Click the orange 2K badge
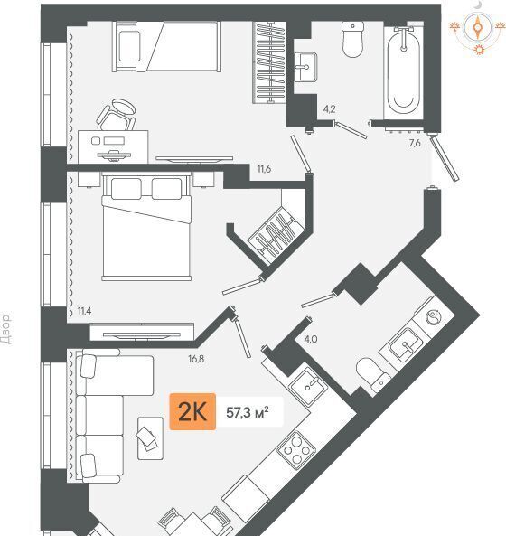tap(192, 411)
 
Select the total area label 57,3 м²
tap(248, 412)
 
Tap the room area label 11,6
tap(264, 169)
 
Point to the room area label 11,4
tap(84, 311)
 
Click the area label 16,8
tap(196, 359)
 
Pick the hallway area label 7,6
tap(415, 143)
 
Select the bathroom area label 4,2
tap(330, 109)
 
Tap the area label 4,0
tap(311, 340)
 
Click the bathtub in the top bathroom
tap(404, 71)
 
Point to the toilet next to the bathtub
tap(352, 39)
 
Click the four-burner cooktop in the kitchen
tap(296, 450)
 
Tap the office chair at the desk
tap(117, 115)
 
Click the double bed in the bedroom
tap(146, 226)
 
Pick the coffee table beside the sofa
tap(150, 437)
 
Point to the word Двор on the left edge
tap(7, 328)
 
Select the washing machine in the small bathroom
tap(434, 317)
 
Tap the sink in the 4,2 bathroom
tap(305, 67)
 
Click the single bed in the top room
tap(167, 46)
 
